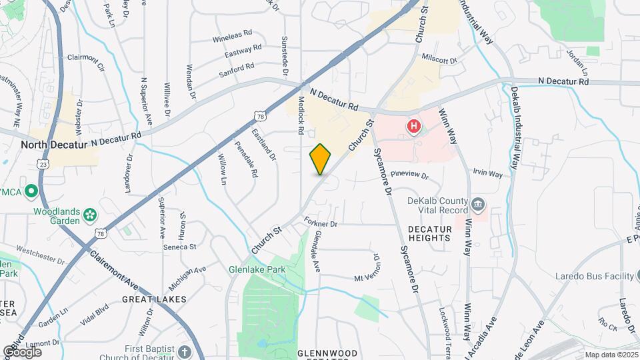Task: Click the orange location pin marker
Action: pos(321,159)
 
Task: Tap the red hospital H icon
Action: pos(414,125)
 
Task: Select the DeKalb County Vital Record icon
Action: pos(477,203)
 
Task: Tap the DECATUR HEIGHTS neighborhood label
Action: pos(430,234)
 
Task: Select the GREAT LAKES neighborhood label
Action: pos(154,299)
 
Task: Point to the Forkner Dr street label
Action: pos(322,223)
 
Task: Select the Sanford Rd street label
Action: pos(237,67)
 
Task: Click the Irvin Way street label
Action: pos(487,173)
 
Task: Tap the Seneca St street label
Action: pos(179,247)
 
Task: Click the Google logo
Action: pos(22,351)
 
